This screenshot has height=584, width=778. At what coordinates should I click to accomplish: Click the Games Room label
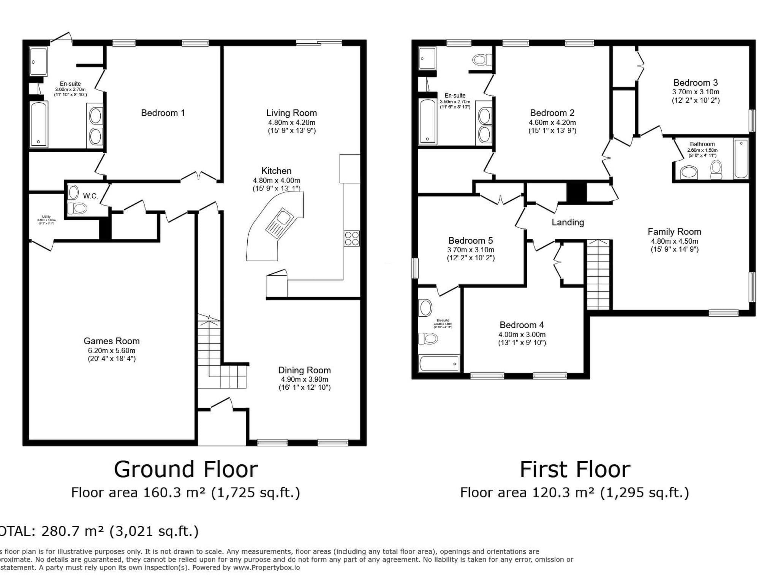coord(111,341)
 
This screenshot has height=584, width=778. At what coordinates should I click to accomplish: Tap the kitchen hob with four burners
coord(351,238)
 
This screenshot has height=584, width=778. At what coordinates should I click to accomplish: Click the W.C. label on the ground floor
coord(90,196)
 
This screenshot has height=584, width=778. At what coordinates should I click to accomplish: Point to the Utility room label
coord(46,217)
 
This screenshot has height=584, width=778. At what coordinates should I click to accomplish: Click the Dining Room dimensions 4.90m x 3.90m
coord(304,379)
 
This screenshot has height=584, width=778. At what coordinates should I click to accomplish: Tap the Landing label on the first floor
coord(568,222)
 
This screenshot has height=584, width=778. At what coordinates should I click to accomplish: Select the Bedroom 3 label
coord(695,83)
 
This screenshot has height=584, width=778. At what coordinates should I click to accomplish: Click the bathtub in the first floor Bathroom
coord(741,159)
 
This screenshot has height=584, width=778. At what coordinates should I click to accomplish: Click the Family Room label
coord(674,232)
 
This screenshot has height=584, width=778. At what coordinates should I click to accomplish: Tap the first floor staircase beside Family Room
coord(598,275)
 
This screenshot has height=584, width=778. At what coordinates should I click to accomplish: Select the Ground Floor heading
coord(186,470)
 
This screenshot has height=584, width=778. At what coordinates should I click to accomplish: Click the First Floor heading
coord(575,470)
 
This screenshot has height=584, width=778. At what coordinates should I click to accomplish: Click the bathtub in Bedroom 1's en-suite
coord(38,124)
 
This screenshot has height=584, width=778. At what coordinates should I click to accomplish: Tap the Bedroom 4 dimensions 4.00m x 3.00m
coord(522,335)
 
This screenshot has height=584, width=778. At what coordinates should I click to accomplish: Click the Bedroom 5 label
coord(470,241)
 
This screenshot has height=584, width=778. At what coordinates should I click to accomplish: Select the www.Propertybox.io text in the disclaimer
coord(267,568)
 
